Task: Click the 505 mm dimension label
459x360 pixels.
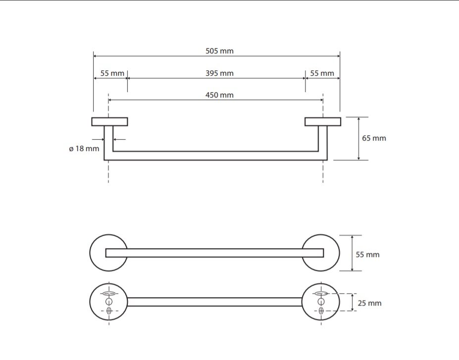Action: tap(219, 51)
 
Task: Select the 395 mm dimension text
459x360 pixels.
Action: tap(219, 73)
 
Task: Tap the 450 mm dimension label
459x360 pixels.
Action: tap(219, 95)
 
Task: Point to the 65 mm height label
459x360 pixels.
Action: tap(374, 138)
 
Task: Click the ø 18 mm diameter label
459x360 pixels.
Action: tap(84, 149)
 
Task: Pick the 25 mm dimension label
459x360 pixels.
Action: tap(369, 303)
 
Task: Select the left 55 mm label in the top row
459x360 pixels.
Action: tap(112, 73)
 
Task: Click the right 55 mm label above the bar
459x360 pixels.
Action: tap(322, 73)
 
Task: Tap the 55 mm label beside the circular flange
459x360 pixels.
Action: tap(368, 255)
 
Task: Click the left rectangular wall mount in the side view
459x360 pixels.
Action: tap(109, 122)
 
